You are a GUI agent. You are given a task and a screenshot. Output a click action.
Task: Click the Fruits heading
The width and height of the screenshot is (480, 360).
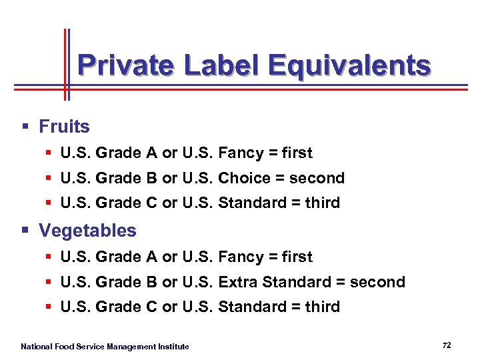[x=64, y=126]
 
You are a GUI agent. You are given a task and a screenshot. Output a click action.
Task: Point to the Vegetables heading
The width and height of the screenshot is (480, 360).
[x=87, y=231]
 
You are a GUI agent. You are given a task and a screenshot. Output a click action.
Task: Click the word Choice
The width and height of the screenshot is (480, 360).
[x=245, y=178]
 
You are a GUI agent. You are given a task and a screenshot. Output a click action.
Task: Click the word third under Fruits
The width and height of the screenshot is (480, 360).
[x=322, y=203]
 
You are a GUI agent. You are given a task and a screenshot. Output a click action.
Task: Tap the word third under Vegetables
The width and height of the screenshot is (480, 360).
[x=322, y=307]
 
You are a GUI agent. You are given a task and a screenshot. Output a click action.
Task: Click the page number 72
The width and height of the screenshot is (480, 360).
[x=447, y=345]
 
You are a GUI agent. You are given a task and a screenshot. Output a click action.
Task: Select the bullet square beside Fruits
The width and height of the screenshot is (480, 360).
[x=25, y=126]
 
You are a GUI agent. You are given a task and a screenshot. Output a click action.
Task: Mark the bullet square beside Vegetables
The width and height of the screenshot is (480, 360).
[x=25, y=231]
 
